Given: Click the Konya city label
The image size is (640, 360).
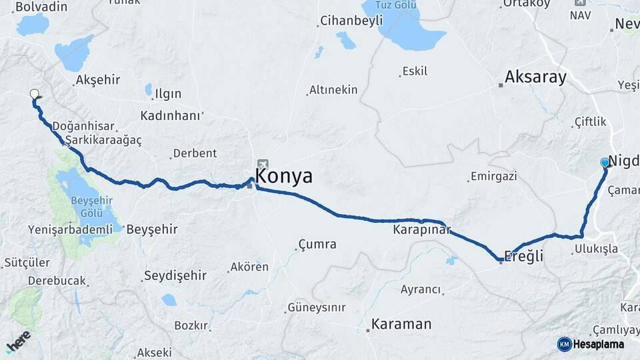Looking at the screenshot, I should [284, 177].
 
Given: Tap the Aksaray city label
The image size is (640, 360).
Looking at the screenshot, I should [535, 77].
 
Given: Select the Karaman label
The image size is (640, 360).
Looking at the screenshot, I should [401, 325].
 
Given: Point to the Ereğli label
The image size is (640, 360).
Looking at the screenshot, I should [524, 257].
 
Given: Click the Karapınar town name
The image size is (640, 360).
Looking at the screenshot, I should [422, 231].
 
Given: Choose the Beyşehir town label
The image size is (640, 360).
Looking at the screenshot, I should [152, 229].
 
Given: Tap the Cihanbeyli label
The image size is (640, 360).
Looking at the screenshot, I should [351, 21].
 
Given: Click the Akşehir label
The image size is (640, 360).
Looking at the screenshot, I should [98, 80].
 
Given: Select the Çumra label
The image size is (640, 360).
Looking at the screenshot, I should [317, 245].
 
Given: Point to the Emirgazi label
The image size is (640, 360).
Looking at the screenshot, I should [494, 177].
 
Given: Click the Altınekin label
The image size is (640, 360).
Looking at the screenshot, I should [333, 90].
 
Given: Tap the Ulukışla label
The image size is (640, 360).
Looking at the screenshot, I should [595, 249].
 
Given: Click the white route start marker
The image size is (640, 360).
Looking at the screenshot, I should [34, 95].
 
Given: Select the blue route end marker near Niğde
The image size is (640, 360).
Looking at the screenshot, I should [605, 162].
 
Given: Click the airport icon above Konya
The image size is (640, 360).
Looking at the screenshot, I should [263, 164].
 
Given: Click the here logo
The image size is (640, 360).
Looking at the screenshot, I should [18, 343].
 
